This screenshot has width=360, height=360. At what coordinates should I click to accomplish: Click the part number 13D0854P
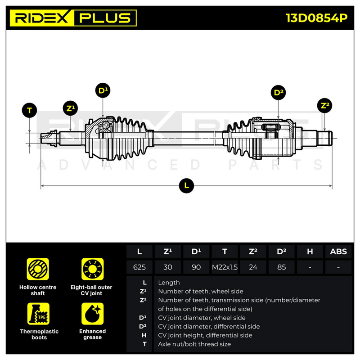pyautogui.click(x=316, y=18)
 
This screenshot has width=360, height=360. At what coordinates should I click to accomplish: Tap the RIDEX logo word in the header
pyautogui.click(x=42, y=18)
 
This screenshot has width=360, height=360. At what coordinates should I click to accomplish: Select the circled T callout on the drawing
pyautogui.click(x=29, y=110)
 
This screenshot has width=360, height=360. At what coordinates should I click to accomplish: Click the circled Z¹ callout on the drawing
pyautogui.click(x=70, y=108)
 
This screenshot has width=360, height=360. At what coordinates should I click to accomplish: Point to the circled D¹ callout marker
pyautogui.click(x=103, y=90)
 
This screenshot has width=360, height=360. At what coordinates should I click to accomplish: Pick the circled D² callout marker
pyautogui.click(x=278, y=93)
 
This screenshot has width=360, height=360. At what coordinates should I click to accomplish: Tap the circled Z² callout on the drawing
pyautogui.click(x=324, y=106)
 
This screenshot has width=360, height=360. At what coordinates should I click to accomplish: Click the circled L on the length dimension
pyautogui.click(x=186, y=185)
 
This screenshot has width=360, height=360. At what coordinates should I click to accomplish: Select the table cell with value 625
pyautogui.click(x=139, y=267)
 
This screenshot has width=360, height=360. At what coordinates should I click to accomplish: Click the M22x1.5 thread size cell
pyautogui.click(x=225, y=267)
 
